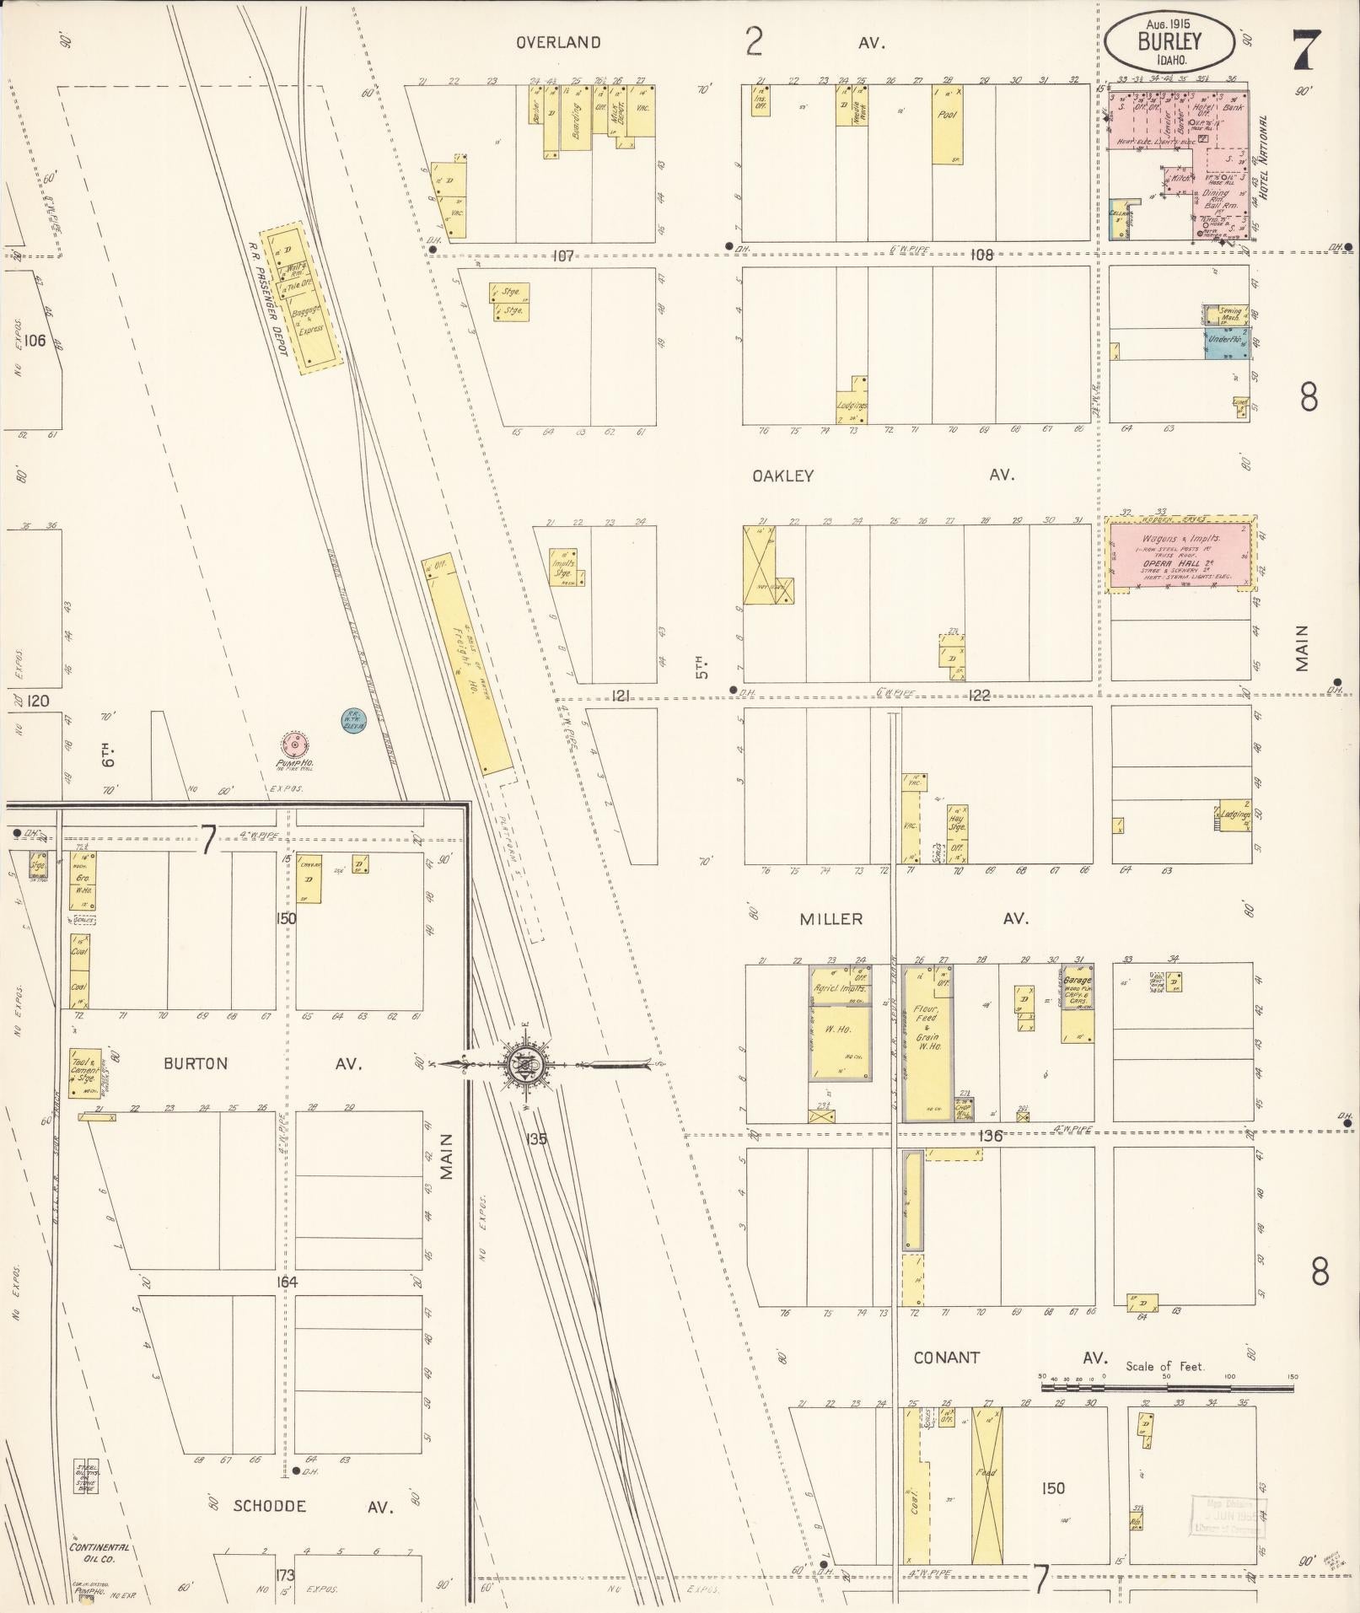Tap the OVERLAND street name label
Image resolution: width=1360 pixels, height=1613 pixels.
point(558,42)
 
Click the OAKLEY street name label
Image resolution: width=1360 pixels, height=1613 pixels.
point(782,476)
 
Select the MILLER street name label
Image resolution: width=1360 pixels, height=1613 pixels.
point(831,919)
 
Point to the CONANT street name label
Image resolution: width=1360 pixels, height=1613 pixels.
point(947,1358)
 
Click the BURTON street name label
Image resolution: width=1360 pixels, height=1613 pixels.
point(196,1063)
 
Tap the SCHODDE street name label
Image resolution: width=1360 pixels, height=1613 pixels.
point(269,1506)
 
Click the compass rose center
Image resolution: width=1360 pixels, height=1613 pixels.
point(527,1064)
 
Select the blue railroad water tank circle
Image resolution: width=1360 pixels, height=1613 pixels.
point(353,720)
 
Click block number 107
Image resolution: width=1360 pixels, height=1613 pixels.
point(562,255)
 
